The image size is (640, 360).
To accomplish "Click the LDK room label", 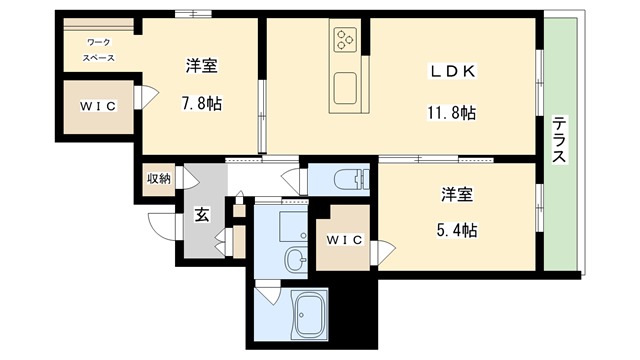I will click(x=453, y=72).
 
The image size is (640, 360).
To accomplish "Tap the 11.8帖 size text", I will click(x=453, y=112).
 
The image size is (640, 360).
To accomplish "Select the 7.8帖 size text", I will click(x=201, y=104).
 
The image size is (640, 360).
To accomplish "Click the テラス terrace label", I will click(x=560, y=141).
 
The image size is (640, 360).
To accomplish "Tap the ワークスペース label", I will click(x=98, y=50).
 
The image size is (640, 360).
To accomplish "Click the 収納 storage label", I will click(x=159, y=179).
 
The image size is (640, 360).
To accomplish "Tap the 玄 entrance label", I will click(x=201, y=213).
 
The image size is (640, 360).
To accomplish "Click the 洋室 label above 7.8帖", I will click(x=201, y=67).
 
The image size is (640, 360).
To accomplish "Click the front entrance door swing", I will click(x=160, y=226).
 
